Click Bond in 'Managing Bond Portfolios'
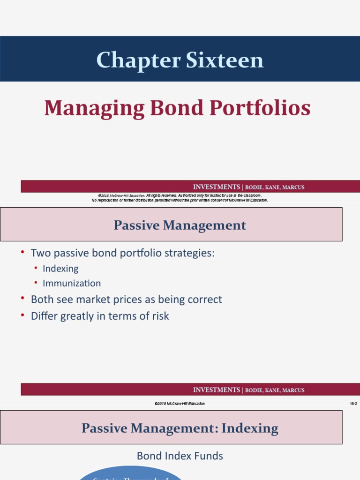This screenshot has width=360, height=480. [174, 108]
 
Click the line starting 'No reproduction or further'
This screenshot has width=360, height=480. [180, 200]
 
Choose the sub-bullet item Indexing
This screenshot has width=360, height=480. [60, 269]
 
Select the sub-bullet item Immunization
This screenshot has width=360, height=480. [72, 283]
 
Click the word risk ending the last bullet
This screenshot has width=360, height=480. [159, 316]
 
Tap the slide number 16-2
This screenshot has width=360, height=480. [353, 404]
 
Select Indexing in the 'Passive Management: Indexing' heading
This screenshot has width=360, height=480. [249, 428]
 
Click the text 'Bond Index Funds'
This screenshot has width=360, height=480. [180, 456]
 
